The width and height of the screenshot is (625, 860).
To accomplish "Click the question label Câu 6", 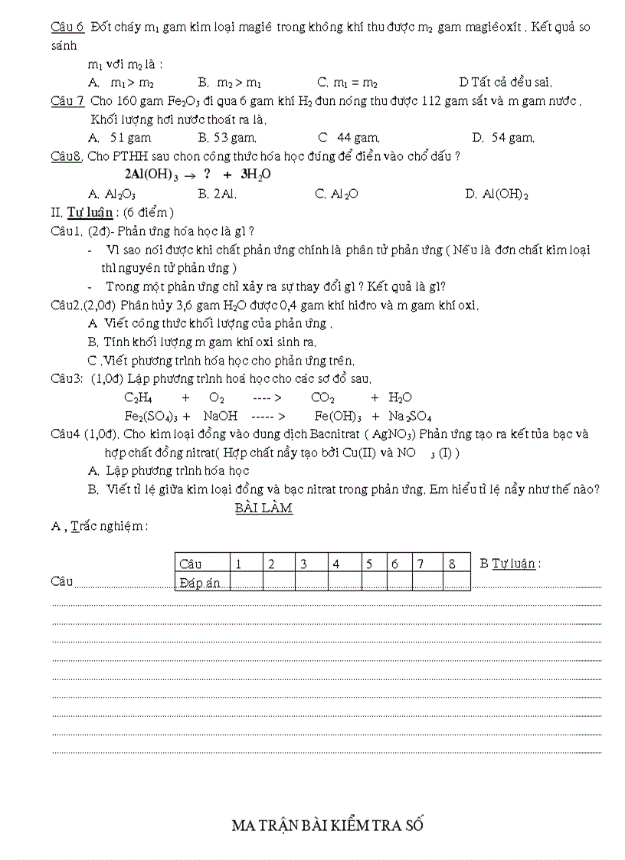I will coord(67,27).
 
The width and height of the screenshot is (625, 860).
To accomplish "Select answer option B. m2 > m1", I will coord(230,83).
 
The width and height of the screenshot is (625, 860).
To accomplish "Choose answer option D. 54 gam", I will coord(502,138).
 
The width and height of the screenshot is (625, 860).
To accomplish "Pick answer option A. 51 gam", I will coord(120,138).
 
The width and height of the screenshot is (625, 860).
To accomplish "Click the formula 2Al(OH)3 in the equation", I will coord(151,175).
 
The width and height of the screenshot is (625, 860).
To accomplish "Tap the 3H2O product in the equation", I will coord(256,175).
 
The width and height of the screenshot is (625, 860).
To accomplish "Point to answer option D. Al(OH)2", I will coord(496,195).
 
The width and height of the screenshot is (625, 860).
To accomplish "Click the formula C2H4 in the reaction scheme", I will coord(139,397).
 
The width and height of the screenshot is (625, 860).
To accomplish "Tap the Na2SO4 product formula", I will coord(410,417).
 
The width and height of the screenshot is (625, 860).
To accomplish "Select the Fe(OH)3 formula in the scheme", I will coord(338,417).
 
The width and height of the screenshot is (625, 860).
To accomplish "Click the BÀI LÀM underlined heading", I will coord(263,508).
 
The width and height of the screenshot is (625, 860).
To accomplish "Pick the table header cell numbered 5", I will coord(369,564).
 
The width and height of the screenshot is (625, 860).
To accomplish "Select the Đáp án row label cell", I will coord(201,583).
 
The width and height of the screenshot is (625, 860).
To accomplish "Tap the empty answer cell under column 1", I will coord(246,583).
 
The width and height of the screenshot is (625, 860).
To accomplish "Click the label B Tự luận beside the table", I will coord(510,564).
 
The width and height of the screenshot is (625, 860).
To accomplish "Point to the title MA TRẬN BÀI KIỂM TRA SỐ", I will coord(327,825).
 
